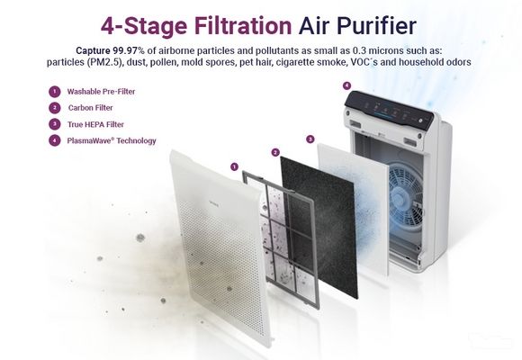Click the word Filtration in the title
[x=243, y=25]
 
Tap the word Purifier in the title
[x=376, y=25]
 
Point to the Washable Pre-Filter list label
[x=101, y=92]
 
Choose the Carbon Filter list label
[x=91, y=108]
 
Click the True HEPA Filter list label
[x=95, y=124]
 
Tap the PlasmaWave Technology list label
[x=112, y=140]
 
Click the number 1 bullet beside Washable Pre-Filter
[x=55, y=92]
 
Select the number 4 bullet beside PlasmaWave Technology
[x=55, y=140]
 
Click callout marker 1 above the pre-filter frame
[x=234, y=166]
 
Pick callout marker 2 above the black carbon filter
[x=275, y=152]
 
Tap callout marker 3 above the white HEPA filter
[x=310, y=139]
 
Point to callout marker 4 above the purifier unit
[x=346, y=85]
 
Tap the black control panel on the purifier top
[x=389, y=109]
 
